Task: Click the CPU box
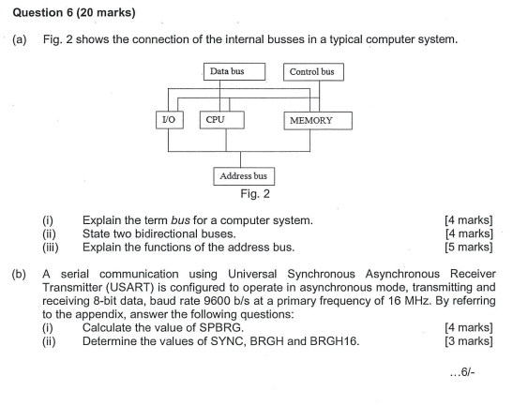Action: (221, 119)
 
